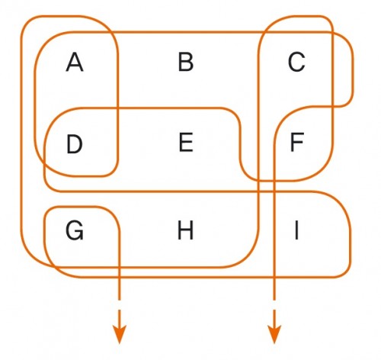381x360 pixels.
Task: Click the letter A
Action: tap(75, 62)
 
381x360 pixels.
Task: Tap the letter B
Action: tap(186, 62)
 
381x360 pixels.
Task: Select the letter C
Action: tap(296, 62)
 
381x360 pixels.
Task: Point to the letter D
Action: tap(75, 144)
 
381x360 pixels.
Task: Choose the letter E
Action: tap(186, 143)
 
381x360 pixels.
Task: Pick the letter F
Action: tap(297, 143)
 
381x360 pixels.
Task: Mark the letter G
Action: tap(75, 230)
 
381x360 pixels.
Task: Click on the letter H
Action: tap(185, 230)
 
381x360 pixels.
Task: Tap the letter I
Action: tap(296, 230)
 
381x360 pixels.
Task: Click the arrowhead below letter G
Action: tap(119, 335)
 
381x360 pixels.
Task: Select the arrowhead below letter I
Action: tap(274, 335)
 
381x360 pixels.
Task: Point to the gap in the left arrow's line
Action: tap(119, 305)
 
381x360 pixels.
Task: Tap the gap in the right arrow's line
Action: tap(274, 305)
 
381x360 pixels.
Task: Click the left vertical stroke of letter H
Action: tap(179, 230)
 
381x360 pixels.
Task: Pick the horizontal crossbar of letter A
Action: tap(75, 66)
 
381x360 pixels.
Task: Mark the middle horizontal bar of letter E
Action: tap(186, 142)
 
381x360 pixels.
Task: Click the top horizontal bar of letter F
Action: tap(297, 135)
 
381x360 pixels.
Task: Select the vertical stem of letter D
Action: tap(69, 144)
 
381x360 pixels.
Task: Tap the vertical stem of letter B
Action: tap(181, 62)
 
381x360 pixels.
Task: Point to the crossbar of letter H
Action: tap(185, 230)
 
